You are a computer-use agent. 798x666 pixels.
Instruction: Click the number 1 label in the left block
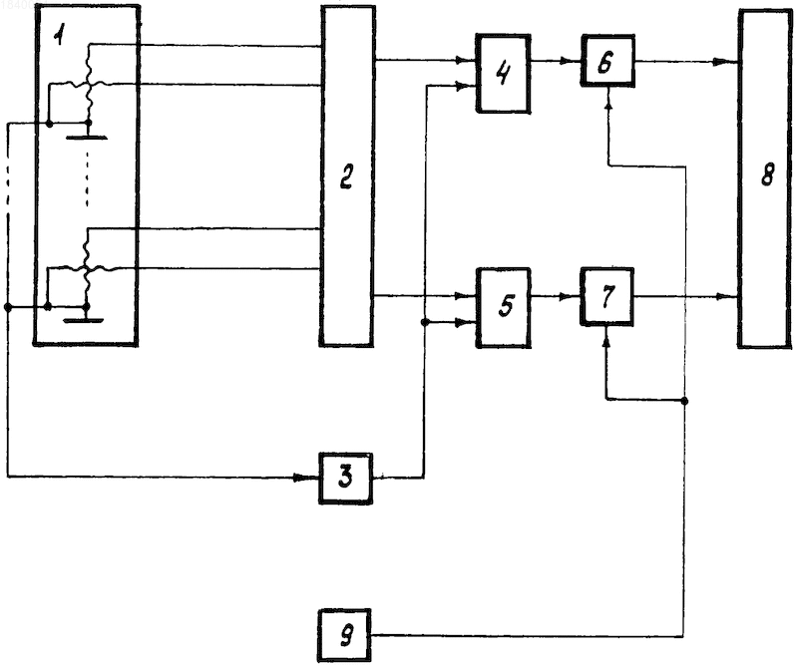click(x=61, y=36)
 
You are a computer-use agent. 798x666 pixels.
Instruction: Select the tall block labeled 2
click(x=347, y=176)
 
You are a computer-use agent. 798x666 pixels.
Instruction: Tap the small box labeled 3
click(x=345, y=479)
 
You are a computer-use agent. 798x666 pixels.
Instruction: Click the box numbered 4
click(x=504, y=74)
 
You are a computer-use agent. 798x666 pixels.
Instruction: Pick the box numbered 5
click(x=504, y=307)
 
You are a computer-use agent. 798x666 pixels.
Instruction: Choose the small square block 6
click(x=607, y=61)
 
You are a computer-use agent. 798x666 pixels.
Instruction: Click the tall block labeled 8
click(x=765, y=178)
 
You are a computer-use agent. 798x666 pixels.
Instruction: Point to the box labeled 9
click(x=344, y=635)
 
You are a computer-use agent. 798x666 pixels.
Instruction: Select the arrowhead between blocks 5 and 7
click(x=569, y=296)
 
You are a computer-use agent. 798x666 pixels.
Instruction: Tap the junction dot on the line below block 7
click(x=684, y=401)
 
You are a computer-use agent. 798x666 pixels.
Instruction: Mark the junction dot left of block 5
click(x=425, y=322)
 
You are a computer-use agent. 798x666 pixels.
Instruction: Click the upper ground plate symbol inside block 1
click(x=87, y=137)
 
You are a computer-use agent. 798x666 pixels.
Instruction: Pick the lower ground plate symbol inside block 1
click(x=84, y=320)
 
